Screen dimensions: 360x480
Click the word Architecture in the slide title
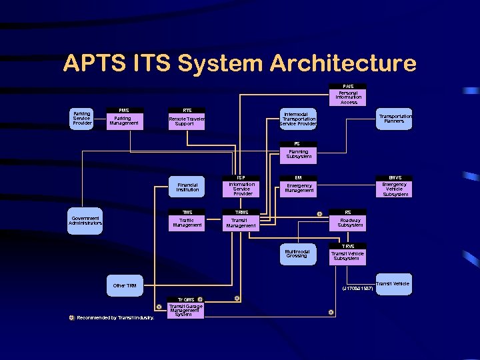coord(343,64)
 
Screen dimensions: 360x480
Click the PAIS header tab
coord(349,86)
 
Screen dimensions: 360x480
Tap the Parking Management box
coord(123,121)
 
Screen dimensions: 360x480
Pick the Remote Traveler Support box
coord(187,121)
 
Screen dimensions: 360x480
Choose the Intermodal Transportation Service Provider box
coord(298,119)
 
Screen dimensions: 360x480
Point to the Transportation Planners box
coord(395,119)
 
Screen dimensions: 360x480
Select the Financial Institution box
coord(187,188)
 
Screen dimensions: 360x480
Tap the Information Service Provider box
coord(241,189)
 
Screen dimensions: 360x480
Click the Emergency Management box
coord(299,189)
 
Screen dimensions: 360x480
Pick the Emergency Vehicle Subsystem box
coord(395,189)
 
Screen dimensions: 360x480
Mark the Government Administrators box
coord(85,221)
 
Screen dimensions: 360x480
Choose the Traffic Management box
coord(187,223)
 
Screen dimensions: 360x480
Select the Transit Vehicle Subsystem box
coord(348,256)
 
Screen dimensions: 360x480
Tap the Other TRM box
coord(125,285)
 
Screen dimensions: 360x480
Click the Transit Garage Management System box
coord(185,310)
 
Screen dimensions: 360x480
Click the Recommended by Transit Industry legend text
coord(115,318)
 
